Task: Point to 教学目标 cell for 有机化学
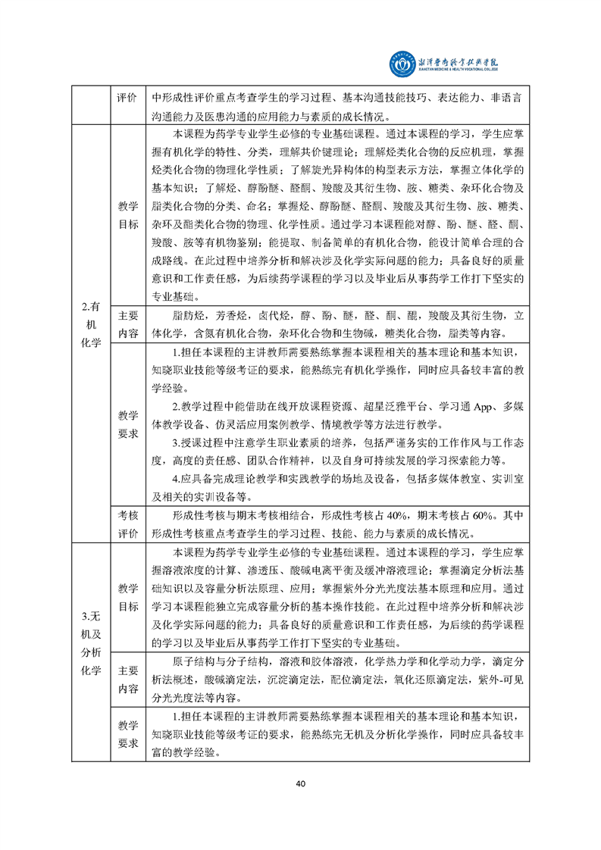(128, 215)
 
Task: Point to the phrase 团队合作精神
(264, 461)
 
